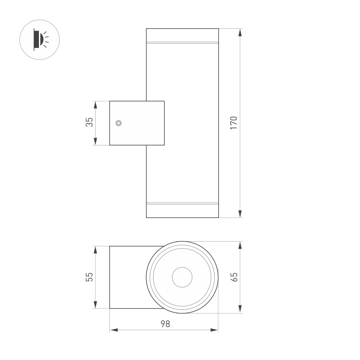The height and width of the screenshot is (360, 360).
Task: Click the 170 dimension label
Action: coord(234,123)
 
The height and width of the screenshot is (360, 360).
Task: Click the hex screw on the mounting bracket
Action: coord(118,123)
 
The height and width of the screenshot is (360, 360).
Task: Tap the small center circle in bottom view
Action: coord(182,278)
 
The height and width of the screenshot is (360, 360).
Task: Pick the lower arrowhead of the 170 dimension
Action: coord(240,214)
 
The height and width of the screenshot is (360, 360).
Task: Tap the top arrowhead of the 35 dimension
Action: coord(95,105)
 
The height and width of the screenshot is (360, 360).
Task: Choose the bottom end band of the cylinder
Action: coord(182,211)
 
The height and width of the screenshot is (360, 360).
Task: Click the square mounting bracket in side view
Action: coord(137,123)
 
